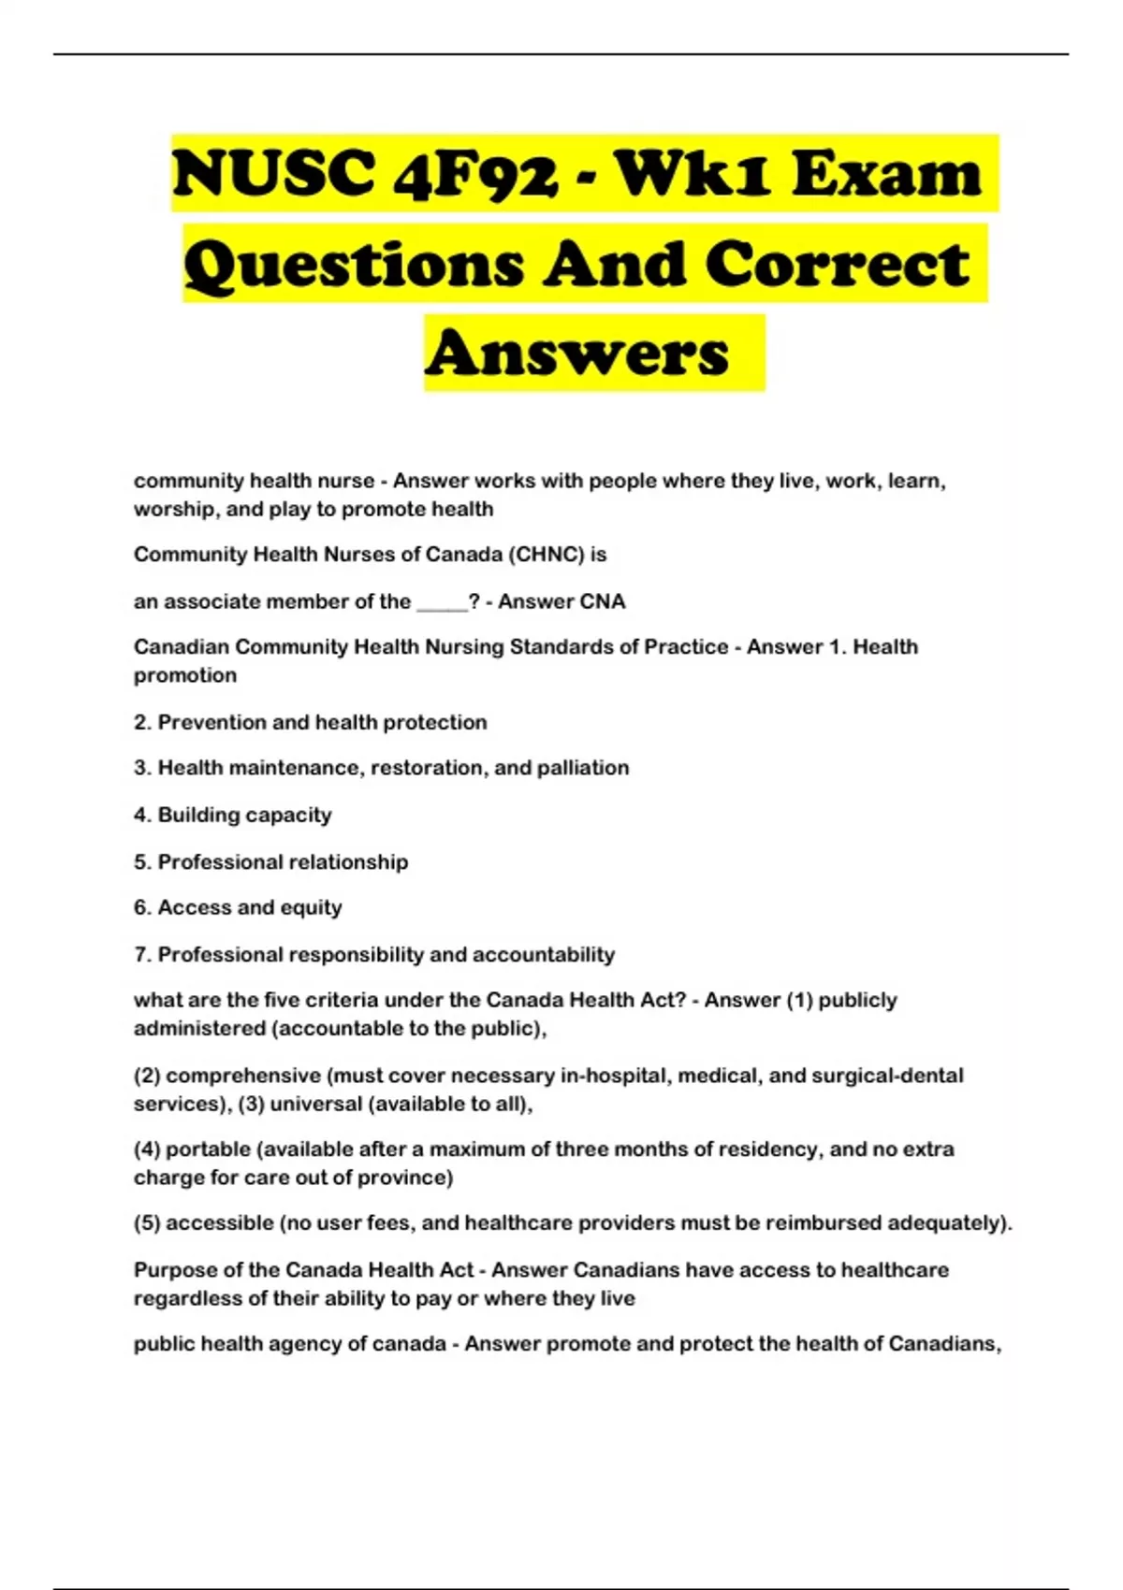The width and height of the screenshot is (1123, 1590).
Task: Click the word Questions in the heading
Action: (354, 264)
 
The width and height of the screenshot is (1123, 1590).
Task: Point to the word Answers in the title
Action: (577, 354)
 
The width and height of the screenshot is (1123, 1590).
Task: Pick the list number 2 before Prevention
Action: (140, 722)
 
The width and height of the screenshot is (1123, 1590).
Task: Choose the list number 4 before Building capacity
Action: (140, 815)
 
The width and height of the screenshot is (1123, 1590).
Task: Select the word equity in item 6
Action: (311, 908)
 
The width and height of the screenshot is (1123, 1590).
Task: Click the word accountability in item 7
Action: (543, 955)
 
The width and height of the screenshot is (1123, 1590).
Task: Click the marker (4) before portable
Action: (146, 1149)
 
